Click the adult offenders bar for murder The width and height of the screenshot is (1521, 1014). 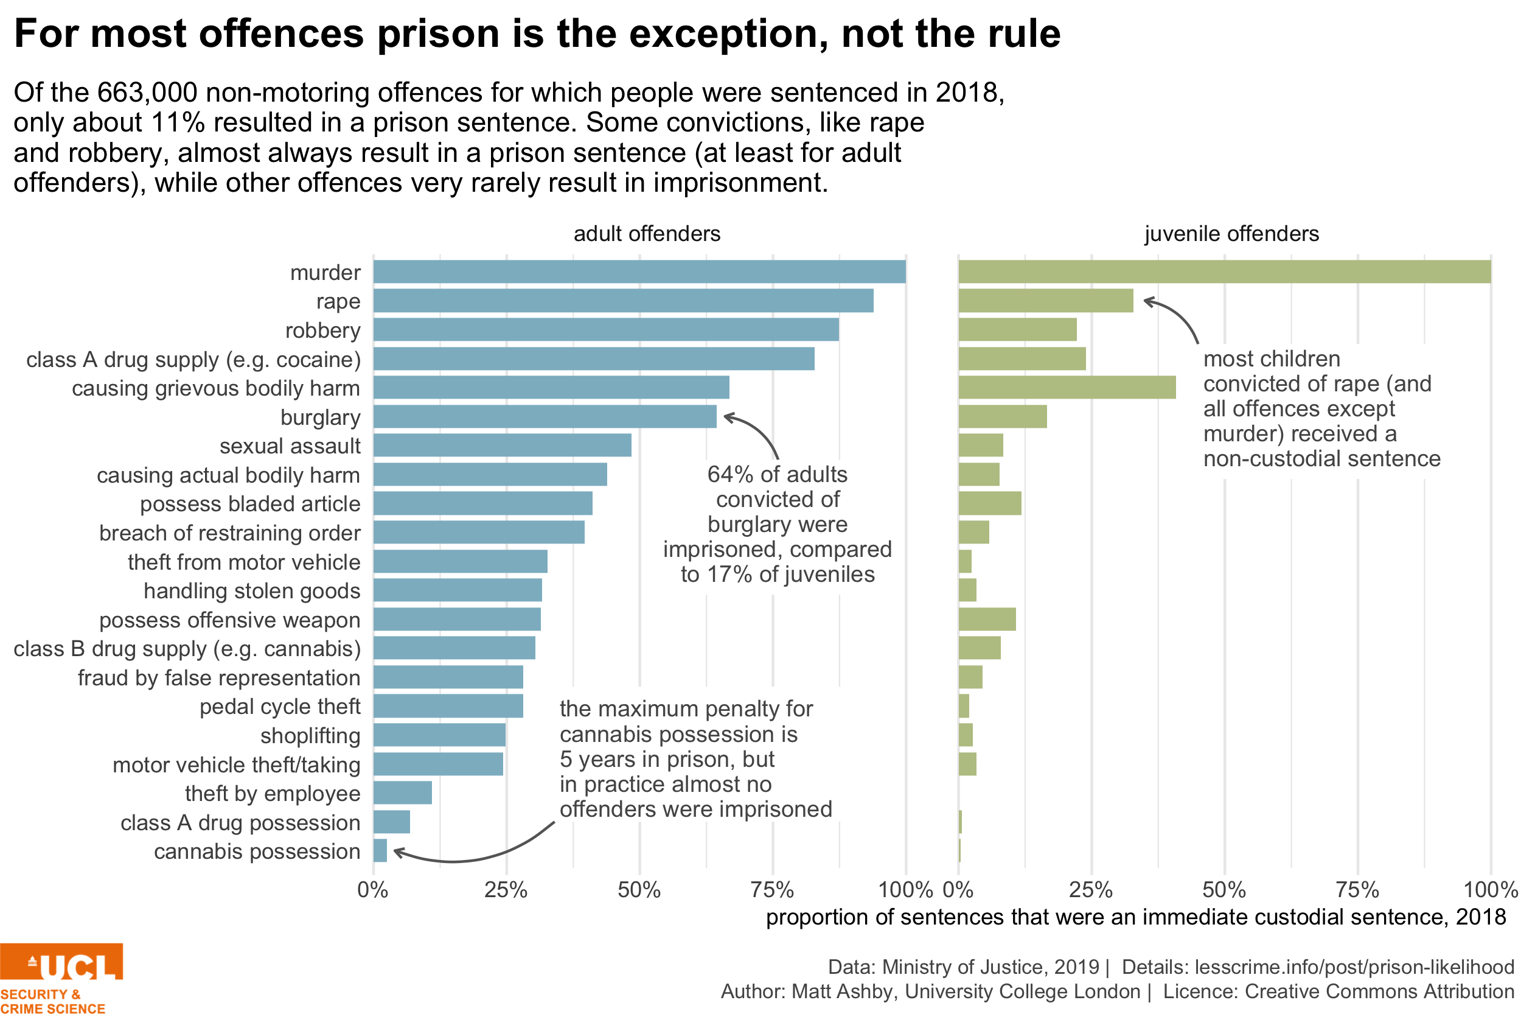639,271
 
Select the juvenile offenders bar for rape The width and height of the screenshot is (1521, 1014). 1045,301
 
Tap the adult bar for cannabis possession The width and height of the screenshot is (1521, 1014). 380,850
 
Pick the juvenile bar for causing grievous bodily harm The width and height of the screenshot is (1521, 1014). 1067,387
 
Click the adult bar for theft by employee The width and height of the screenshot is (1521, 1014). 402,793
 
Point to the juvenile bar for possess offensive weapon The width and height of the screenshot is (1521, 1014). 987,619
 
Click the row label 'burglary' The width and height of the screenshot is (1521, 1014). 320,417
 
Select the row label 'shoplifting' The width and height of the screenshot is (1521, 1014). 310,735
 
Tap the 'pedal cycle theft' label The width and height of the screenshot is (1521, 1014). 279,706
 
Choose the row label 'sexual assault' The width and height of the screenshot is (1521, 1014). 290,446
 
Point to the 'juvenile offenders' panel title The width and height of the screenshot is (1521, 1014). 1231,234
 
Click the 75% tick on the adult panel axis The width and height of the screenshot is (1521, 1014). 772,890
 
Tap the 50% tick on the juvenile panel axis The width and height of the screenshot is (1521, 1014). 1223,890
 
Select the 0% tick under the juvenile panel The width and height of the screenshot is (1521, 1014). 958,890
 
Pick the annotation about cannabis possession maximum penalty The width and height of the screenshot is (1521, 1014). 700,755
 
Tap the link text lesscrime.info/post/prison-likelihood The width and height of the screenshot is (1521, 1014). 1354,967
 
